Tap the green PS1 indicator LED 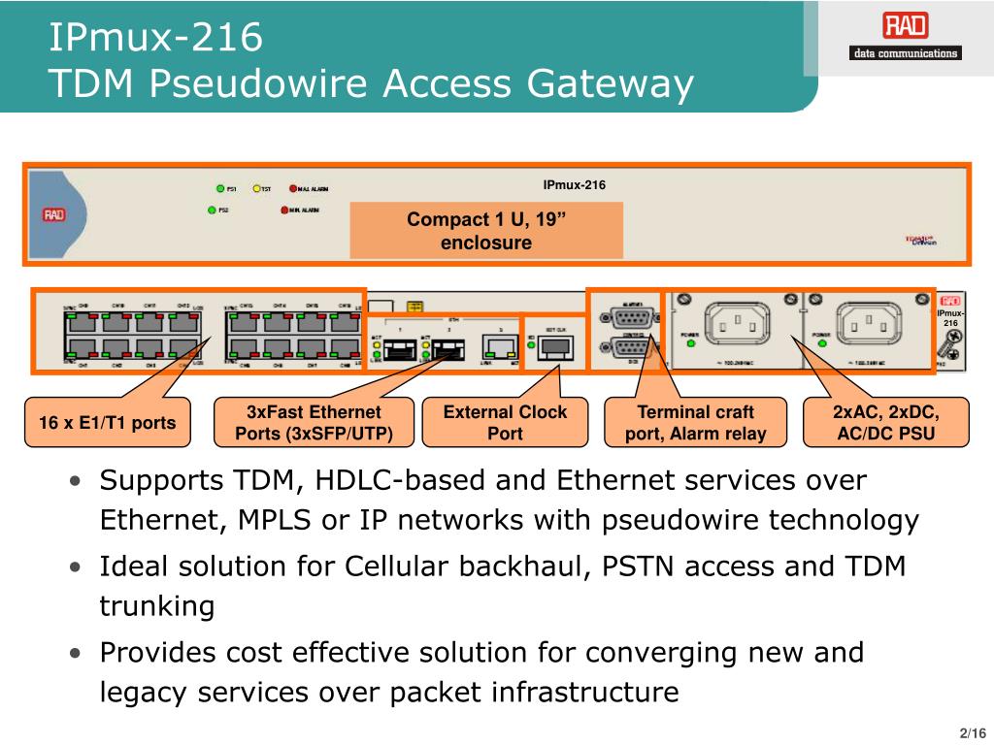point(219,189)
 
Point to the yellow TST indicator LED point(257,189)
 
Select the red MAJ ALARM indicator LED point(292,189)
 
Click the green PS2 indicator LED point(213,210)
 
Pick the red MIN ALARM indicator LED point(285,210)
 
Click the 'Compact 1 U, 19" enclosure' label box point(486,231)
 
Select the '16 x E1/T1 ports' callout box point(108,422)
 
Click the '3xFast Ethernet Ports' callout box point(314,422)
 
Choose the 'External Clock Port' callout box point(505,422)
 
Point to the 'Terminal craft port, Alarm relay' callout point(695,422)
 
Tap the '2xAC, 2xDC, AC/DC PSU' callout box point(886,422)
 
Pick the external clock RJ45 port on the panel point(554,349)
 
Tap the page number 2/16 point(972,731)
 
